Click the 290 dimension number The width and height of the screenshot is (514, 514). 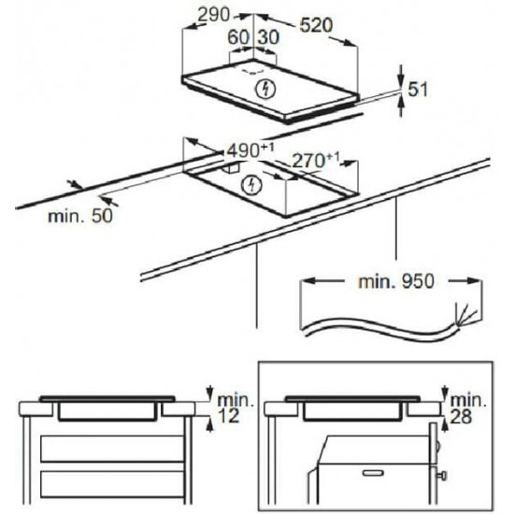click(214, 15)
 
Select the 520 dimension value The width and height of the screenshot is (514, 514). click(316, 25)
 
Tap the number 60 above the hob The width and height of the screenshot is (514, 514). click(238, 37)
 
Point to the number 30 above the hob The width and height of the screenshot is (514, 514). click(268, 37)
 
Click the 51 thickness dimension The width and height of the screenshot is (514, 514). click(418, 89)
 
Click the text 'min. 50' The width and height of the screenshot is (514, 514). click(80, 216)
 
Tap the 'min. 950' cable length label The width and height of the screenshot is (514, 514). click(396, 281)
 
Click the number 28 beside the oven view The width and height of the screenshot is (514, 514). click(461, 417)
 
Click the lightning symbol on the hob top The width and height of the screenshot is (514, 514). click(265, 89)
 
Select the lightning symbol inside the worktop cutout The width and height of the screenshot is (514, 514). click(251, 185)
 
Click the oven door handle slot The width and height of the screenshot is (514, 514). click(373, 472)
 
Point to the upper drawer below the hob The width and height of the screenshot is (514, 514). click(112, 449)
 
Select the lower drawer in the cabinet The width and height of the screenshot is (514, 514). click(112, 484)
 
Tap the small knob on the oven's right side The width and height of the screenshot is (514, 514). click(442, 475)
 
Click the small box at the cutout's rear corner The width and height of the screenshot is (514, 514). click(232, 167)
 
